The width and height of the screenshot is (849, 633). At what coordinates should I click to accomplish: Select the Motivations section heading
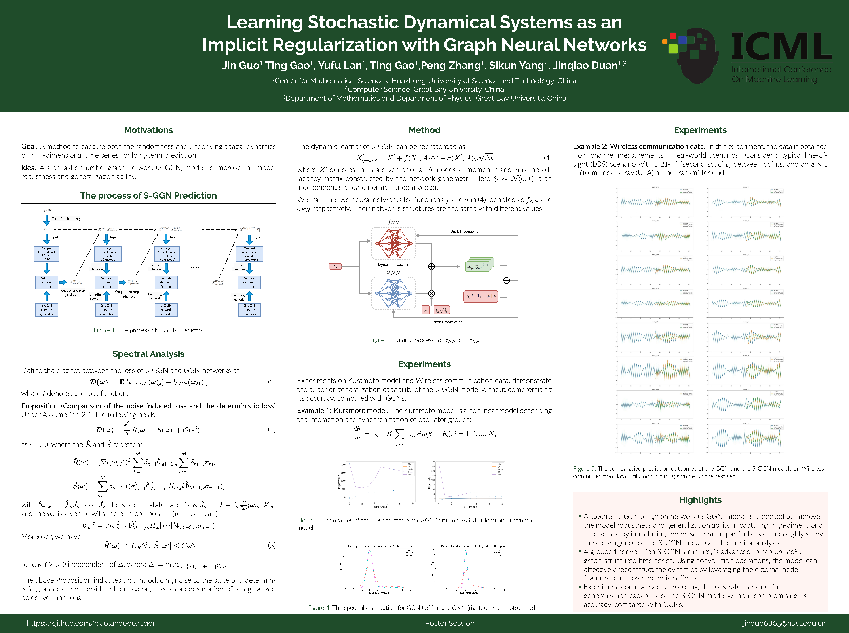pos(148,130)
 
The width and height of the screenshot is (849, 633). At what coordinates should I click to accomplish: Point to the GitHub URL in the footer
pos(92,623)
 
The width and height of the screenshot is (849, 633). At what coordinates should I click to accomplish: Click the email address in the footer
pos(784,623)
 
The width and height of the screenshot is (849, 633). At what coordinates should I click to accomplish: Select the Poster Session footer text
pos(450,623)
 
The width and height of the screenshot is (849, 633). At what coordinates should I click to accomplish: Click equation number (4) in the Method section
pos(547,158)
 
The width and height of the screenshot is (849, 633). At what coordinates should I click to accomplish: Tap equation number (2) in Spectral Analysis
pos(271,430)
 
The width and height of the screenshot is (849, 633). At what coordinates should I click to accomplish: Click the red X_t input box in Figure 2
pos(335,266)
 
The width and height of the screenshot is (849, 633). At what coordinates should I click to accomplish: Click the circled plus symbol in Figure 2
pos(431,266)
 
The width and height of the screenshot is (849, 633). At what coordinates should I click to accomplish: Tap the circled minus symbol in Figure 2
pos(506,280)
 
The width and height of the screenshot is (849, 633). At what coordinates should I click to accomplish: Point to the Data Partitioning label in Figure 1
pos(66,219)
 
